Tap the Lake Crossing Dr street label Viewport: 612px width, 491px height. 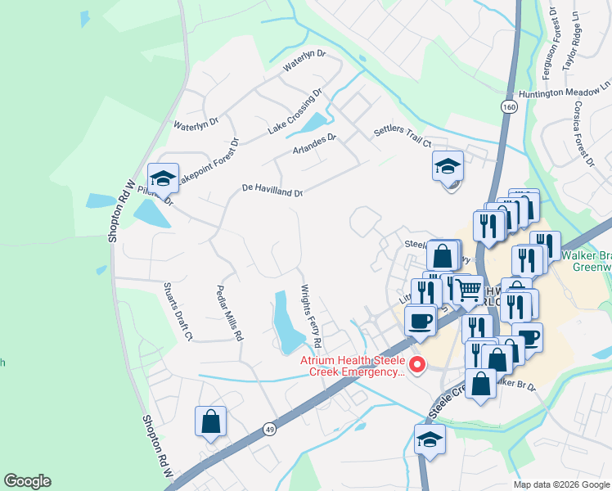[295, 113]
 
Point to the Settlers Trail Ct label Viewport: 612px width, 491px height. [402, 137]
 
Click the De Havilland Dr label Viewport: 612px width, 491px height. [272, 189]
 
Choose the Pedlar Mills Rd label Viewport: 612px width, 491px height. [230, 313]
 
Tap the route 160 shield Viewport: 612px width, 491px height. [510, 107]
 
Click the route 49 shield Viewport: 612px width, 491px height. [268, 428]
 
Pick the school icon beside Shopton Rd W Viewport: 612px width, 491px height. [163, 177]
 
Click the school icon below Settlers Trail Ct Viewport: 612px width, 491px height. [448, 166]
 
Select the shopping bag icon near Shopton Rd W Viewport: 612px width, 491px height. [210, 421]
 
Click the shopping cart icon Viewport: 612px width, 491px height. [468, 289]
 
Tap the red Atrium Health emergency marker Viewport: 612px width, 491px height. [417, 364]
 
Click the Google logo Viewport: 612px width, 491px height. [27, 481]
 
